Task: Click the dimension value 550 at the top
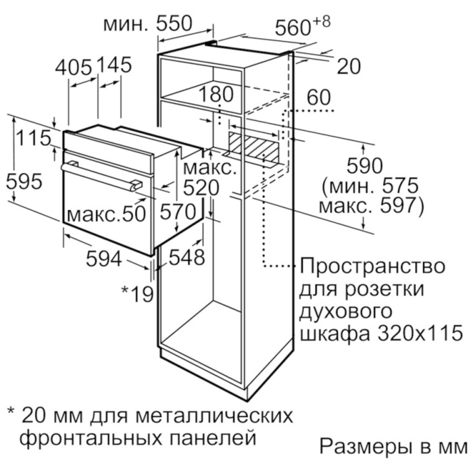pos(174,24)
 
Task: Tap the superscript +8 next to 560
pos(322,22)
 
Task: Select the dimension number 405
pos(73,67)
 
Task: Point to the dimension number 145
pos(114,65)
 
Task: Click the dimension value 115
pos(33,138)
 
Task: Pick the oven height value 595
pos(24,182)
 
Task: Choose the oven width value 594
pos(104,259)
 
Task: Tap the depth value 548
pos(186,257)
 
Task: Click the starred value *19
pos(138,294)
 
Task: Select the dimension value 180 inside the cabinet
pos(216,94)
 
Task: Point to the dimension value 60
pos(319,97)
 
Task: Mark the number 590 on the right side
pos(365,166)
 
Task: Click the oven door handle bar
pos(101,176)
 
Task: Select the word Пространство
pos(372,266)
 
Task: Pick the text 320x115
pos(420,332)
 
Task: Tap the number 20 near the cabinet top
pos(349,66)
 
